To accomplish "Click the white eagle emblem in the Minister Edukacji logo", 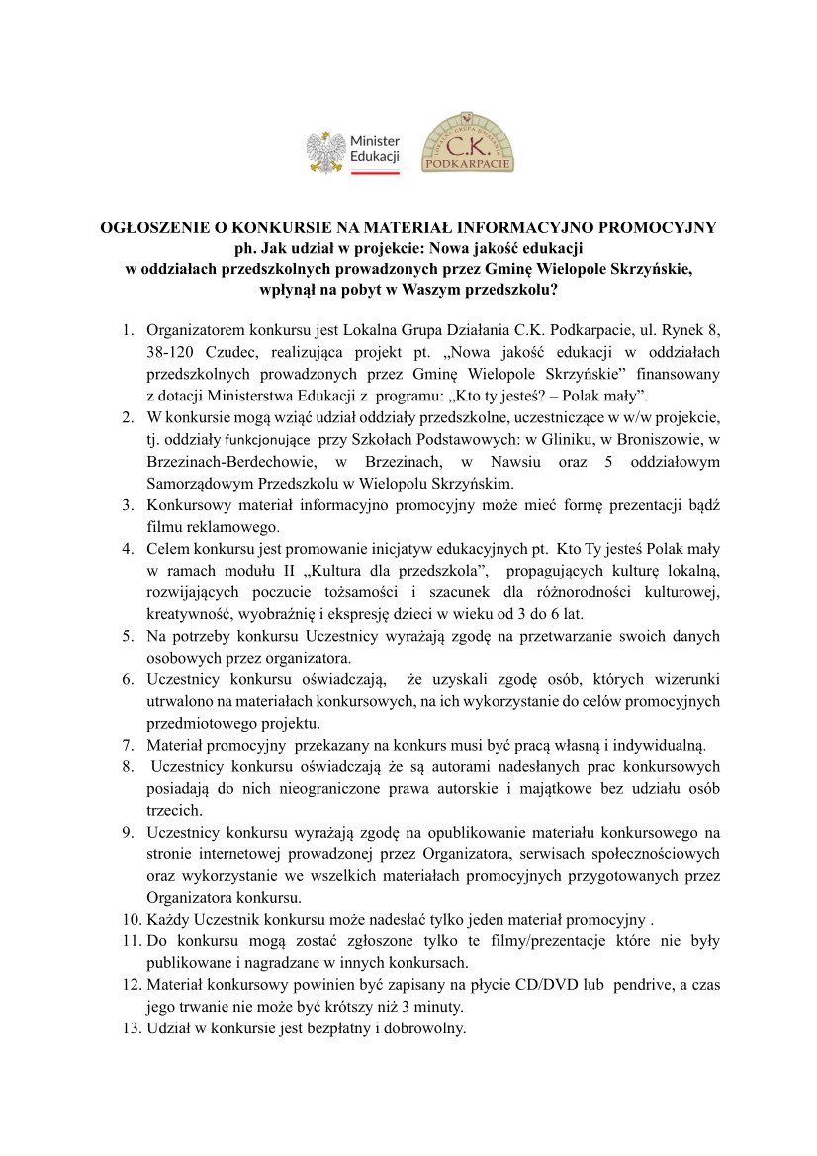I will tap(325, 151).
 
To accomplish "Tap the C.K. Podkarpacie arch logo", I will tap(468, 142).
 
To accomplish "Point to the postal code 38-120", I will tap(172, 353).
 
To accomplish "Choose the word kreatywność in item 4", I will tap(189, 613).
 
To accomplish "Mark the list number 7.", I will tap(129, 744).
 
